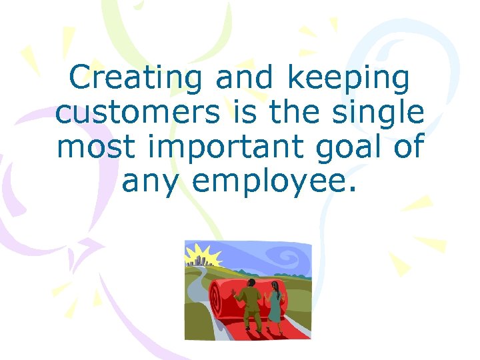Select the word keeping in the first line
click(348, 79)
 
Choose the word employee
click(274, 181)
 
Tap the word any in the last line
click(151, 181)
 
